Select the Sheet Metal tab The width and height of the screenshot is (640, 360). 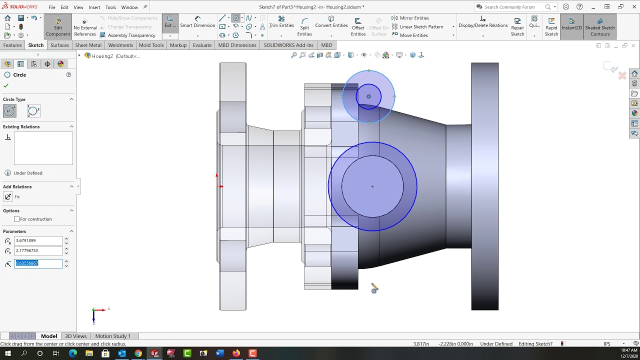(88, 45)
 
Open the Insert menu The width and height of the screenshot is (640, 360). (94, 7)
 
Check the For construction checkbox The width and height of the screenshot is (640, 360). (17, 219)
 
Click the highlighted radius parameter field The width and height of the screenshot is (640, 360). (38, 263)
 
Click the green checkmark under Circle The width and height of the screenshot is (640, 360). (6, 85)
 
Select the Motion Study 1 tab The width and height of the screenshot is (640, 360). (112, 336)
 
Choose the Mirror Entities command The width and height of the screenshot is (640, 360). (414, 18)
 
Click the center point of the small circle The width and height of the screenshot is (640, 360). (368, 96)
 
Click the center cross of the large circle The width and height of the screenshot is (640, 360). (372, 186)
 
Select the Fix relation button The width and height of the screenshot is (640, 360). (8, 197)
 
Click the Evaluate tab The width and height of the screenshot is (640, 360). (202, 45)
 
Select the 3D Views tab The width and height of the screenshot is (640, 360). (75, 336)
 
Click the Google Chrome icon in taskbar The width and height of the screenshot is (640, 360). (138, 353)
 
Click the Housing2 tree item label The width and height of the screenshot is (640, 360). (115, 56)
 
